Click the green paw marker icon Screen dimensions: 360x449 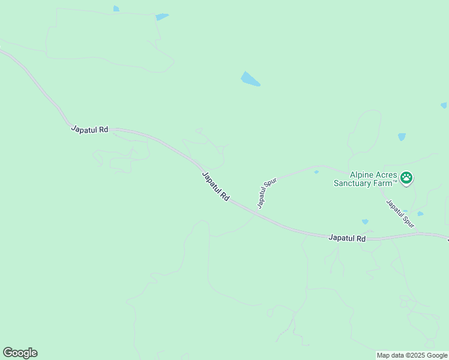click(x=407, y=177)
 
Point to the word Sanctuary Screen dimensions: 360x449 click(x=353, y=182)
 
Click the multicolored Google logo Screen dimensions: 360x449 click(x=20, y=353)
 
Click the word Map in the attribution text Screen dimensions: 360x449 click(x=384, y=355)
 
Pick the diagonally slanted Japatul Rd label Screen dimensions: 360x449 click(x=216, y=187)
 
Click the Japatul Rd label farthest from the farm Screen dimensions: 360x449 click(x=89, y=129)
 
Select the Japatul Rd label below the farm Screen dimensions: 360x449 click(x=347, y=238)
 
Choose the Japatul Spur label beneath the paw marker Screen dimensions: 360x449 click(x=400, y=214)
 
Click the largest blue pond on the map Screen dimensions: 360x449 click(x=250, y=79)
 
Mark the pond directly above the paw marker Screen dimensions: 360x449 click(x=402, y=137)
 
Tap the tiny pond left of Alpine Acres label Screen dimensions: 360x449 click(x=316, y=172)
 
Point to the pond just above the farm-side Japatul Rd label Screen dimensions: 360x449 click(x=365, y=222)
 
